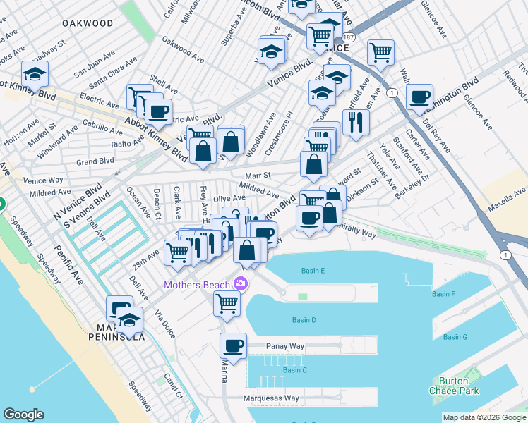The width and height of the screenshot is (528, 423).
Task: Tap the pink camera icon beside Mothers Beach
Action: tap(241, 285)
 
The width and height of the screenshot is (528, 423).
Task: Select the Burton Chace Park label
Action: tap(449, 386)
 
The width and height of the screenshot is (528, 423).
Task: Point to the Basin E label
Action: tap(313, 271)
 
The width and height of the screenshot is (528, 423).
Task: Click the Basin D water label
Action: tap(304, 320)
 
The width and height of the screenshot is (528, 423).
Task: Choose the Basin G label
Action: tap(455, 337)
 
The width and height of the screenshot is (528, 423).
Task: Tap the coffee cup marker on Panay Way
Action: tap(233, 345)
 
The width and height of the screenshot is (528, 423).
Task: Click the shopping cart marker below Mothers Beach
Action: tap(227, 303)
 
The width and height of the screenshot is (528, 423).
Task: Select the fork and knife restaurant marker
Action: tap(356, 122)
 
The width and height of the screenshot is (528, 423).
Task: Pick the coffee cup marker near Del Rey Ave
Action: tap(419, 97)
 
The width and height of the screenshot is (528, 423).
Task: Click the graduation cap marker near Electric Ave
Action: tap(34, 73)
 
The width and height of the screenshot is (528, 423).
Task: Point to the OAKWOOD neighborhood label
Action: tap(88, 23)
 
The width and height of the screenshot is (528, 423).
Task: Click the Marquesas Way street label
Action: tap(272, 398)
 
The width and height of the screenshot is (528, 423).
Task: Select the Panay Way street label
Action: tap(285, 346)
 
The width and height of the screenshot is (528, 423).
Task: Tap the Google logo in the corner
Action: tap(23, 415)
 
